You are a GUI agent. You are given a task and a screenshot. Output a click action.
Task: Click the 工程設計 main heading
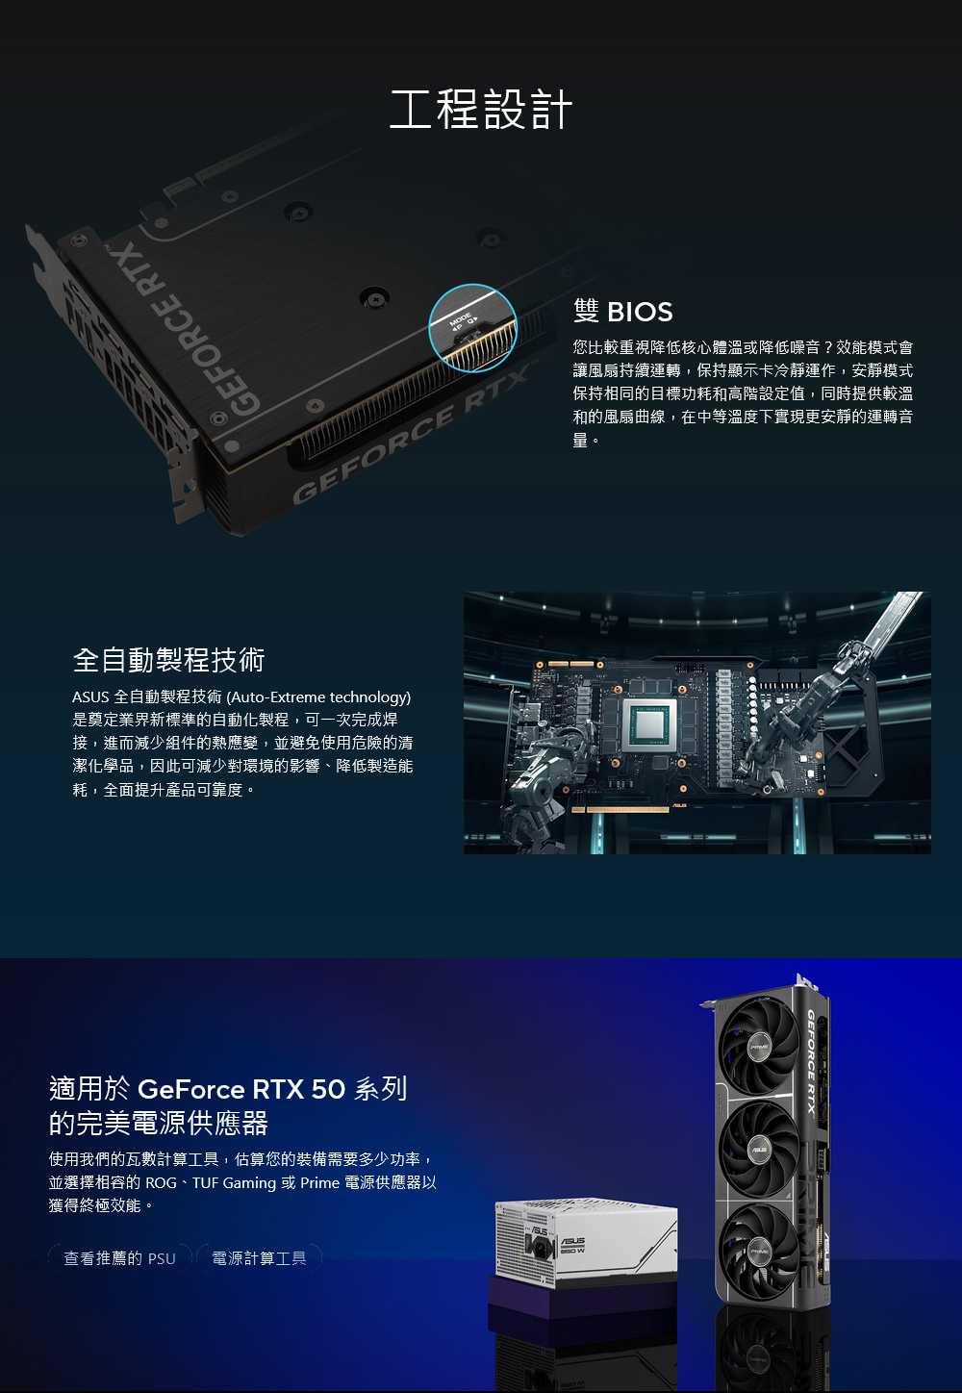[x=481, y=110]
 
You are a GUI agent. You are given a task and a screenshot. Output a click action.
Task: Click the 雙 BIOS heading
[x=622, y=311]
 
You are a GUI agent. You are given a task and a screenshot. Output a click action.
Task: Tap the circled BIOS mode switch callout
[x=472, y=328]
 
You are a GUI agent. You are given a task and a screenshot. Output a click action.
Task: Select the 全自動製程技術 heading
[x=168, y=659]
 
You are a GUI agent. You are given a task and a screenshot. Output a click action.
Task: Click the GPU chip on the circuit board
[x=649, y=725]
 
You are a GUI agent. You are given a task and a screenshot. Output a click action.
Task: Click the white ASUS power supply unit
[x=586, y=1244]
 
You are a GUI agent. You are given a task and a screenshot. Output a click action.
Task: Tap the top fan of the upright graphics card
[x=759, y=1048]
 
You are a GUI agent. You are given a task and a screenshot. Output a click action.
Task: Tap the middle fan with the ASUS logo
[x=759, y=1150]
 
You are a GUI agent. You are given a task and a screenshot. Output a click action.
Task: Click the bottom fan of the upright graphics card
[x=760, y=1251]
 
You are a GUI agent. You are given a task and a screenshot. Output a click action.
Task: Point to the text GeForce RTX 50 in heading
[x=241, y=1089]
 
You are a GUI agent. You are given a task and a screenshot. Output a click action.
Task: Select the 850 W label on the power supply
[x=572, y=1250]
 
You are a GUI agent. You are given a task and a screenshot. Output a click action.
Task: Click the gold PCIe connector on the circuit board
[x=621, y=809]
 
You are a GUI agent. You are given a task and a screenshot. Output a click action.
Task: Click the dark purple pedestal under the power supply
[x=582, y=1309]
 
